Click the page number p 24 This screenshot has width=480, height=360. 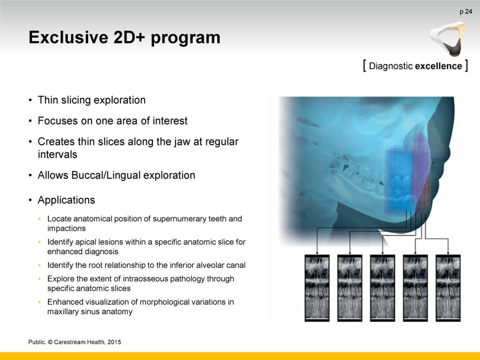465,12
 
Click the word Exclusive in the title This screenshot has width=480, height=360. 68,37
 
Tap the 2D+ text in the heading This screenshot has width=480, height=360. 129,37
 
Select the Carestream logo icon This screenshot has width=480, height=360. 447,39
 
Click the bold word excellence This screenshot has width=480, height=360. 439,66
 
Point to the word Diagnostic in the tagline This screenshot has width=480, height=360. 391,66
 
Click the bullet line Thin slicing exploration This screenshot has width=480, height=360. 91,100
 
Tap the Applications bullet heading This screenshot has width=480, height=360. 66,200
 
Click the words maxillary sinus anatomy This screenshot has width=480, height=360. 90,312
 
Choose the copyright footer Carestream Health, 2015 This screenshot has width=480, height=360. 87,342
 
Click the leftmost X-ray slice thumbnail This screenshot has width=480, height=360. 317,288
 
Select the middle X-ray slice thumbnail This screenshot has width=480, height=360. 382,288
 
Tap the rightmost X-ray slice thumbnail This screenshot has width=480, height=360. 448,288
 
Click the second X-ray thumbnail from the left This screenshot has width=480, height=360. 350,288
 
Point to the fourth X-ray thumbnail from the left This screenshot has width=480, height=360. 415,288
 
